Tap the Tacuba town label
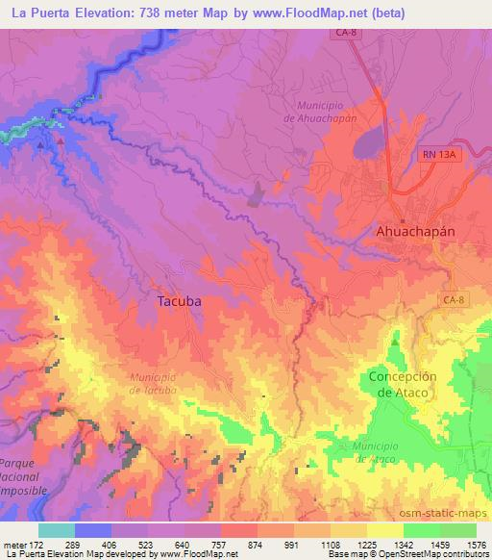(x=178, y=300)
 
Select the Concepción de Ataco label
(x=403, y=386)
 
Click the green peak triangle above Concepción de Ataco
(x=395, y=341)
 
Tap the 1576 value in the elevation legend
(x=476, y=546)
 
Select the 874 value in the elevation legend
(x=257, y=546)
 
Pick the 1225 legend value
(x=366, y=546)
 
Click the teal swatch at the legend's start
(x=57, y=530)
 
